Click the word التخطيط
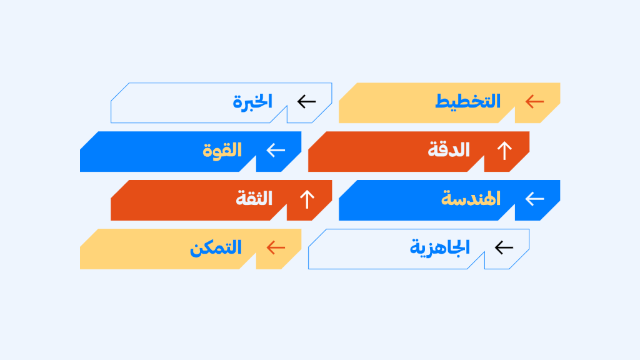pos(467,101)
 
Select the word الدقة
pos(449,150)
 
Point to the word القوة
pos(222,150)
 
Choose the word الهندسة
pos(471,199)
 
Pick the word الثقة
pos(254,198)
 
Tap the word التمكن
pos(216,247)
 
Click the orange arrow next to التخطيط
pos(535,101)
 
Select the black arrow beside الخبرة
pos(306,101)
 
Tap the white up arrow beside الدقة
pos(504,150)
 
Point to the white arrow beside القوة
pos(276,150)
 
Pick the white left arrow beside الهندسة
pos(535,199)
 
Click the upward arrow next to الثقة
pos(307,199)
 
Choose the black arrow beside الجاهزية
pos(504,247)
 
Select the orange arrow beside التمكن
pos(276,247)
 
